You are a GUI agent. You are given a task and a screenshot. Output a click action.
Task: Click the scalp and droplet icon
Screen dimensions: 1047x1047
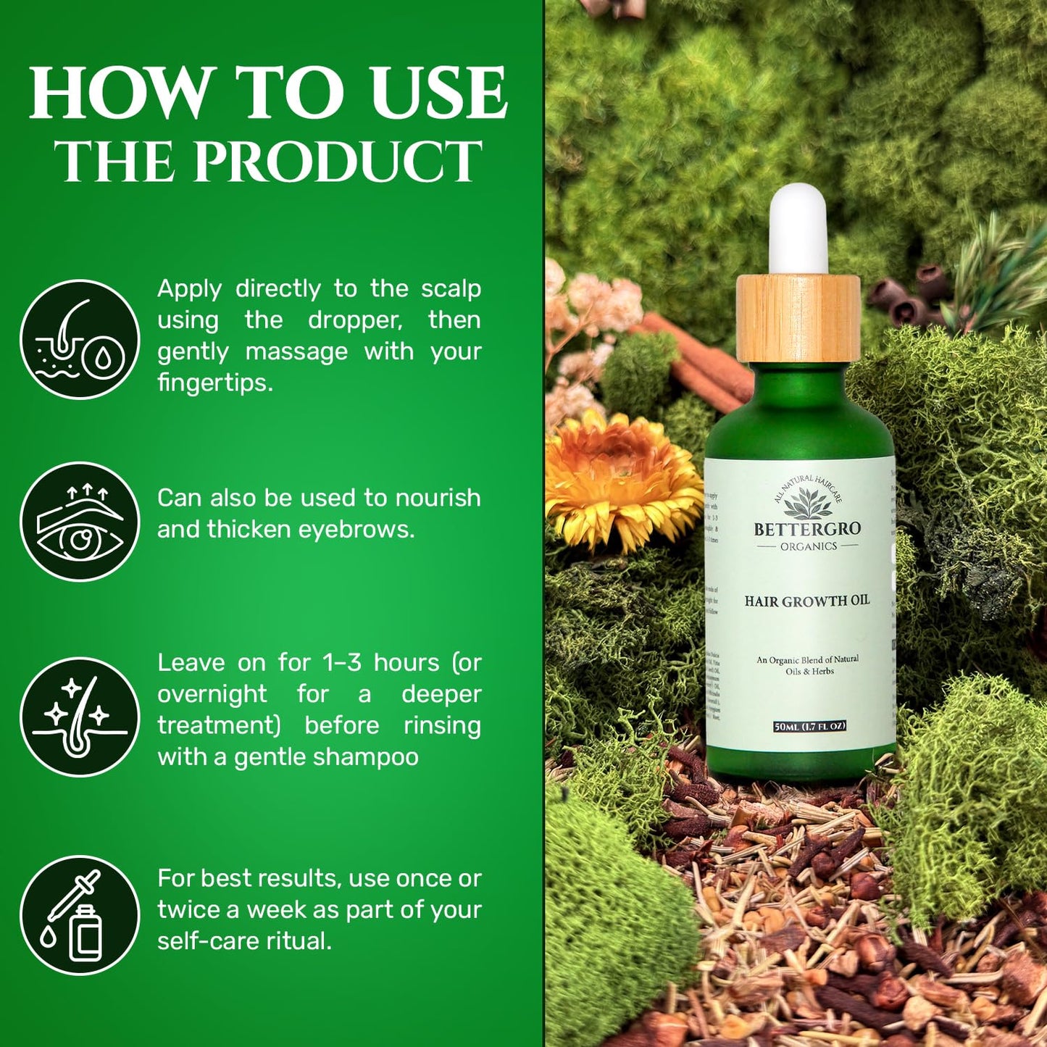point(80,339)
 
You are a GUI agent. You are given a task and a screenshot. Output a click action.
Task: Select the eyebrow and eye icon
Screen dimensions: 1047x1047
point(80,522)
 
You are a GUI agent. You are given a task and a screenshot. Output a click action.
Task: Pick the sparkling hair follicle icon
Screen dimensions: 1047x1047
point(80,717)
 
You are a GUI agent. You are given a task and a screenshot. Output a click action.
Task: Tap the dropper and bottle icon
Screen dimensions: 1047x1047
point(80,914)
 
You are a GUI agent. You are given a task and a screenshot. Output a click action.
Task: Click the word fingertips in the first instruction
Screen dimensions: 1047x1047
point(215,383)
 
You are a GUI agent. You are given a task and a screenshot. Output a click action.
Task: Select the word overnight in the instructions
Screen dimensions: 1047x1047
point(212,694)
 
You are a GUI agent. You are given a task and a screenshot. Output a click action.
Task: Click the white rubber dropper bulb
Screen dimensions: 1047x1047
point(798,228)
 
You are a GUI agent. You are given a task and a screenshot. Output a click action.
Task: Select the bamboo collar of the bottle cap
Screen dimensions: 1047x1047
point(798,319)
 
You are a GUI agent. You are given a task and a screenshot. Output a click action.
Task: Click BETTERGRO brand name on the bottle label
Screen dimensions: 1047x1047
point(807,530)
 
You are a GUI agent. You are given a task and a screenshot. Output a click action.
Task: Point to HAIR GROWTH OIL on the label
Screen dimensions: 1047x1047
point(807,601)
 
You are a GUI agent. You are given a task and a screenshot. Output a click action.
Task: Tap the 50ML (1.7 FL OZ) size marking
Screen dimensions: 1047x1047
point(809,726)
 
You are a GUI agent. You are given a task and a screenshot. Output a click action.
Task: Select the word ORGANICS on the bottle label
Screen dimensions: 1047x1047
point(808,546)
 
